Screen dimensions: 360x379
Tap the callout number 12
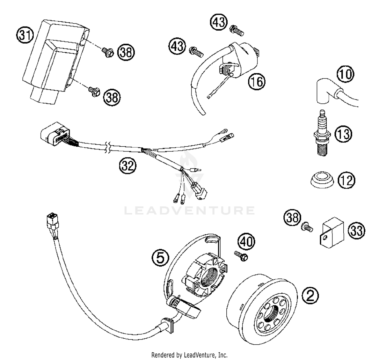tap(347, 181)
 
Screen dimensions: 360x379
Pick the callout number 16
tap(257, 82)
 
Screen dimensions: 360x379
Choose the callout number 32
tap(128, 166)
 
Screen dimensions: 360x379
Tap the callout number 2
tap(311, 295)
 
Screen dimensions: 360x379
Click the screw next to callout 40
tap(241, 256)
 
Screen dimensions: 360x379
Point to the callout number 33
tap(357, 230)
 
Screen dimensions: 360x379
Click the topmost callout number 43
tap(219, 22)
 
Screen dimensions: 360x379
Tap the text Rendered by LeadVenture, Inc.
tap(189, 355)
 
